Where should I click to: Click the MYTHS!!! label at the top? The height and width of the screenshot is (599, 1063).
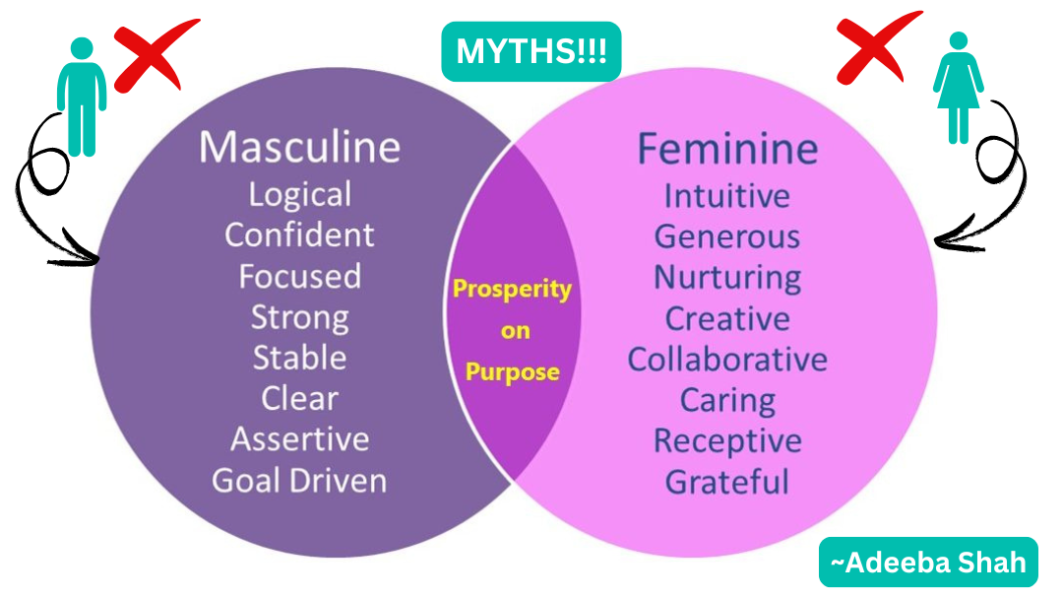pyautogui.click(x=531, y=52)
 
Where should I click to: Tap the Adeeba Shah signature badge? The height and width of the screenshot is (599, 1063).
pyautogui.click(x=928, y=563)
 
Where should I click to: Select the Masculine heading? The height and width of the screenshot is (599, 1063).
pyautogui.click(x=299, y=147)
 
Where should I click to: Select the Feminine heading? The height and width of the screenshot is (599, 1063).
pyautogui.click(x=727, y=149)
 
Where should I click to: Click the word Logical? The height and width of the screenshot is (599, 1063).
pyautogui.click(x=299, y=194)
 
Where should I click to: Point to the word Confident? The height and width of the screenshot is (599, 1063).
pyautogui.click(x=299, y=234)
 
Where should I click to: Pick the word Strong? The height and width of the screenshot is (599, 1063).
pyautogui.click(x=299, y=317)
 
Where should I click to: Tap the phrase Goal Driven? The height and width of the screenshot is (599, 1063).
pyautogui.click(x=299, y=480)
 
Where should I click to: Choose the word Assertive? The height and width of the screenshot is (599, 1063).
pyautogui.click(x=299, y=438)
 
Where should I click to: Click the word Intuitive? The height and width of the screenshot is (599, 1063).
pyautogui.click(x=727, y=195)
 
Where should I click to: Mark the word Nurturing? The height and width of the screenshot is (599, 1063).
pyautogui.click(x=727, y=277)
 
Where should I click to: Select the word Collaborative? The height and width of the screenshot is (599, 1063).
pyautogui.click(x=727, y=359)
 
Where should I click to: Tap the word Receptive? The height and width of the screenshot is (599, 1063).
pyautogui.click(x=727, y=440)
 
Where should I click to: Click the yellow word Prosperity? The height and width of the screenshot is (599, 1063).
pyautogui.click(x=512, y=290)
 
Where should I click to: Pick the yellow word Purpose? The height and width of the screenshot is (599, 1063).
pyautogui.click(x=512, y=372)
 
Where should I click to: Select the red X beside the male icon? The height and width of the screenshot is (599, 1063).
pyautogui.click(x=151, y=58)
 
